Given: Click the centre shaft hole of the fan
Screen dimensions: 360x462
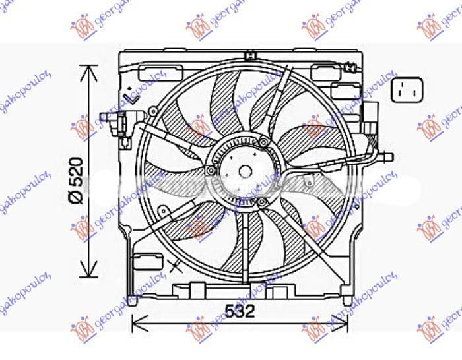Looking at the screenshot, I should click(x=245, y=171).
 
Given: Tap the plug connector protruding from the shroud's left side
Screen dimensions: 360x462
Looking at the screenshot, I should click(x=112, y=120).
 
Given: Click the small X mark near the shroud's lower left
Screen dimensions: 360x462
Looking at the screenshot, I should click(x=175, y=266).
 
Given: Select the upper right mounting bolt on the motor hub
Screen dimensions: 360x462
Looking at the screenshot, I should click(x=264, y=143).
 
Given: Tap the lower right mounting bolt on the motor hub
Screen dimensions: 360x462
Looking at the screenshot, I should click(x=263, y=200).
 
